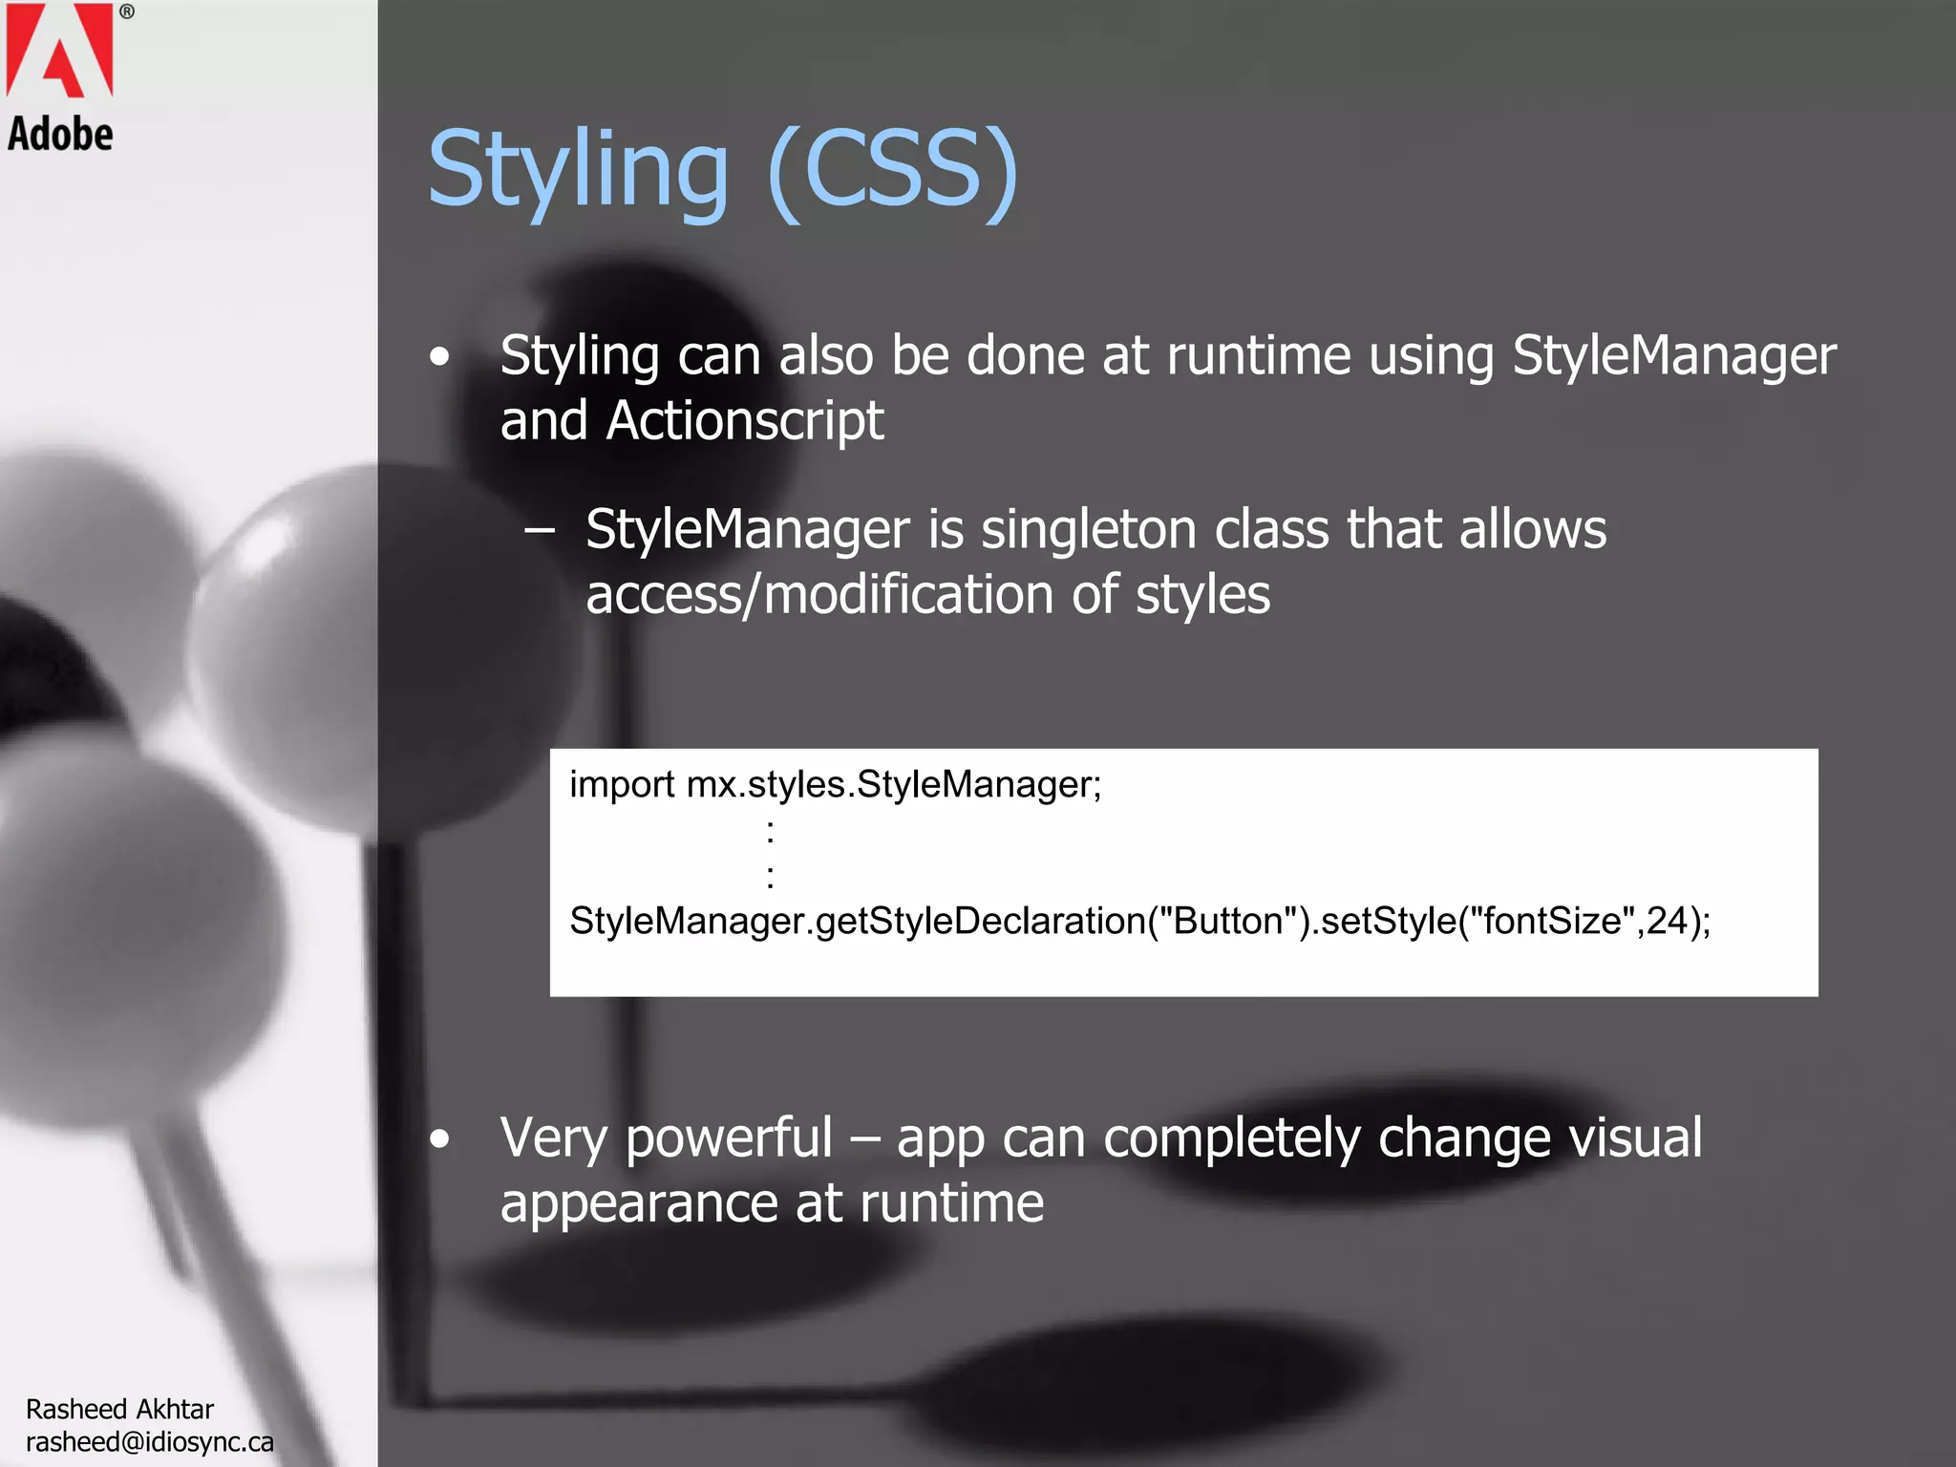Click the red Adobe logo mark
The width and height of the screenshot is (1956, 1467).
pos(59,50)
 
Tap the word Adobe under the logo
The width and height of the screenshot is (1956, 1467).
pos(60,134)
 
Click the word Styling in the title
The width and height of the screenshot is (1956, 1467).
pos(578,170)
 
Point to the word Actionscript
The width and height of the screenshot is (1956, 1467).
pos(745,420)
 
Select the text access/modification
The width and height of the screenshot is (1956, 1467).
pos(819,594)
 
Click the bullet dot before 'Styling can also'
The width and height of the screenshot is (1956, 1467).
pos(439,357)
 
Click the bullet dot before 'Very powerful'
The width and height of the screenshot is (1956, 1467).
pos(439,1138)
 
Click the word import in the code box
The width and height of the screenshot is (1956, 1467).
pos(622,785)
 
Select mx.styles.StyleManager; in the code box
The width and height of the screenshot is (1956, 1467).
pos(894,785)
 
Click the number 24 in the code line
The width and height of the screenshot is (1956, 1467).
pos(1667,921)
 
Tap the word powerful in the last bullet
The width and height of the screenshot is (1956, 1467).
pos(729,1138)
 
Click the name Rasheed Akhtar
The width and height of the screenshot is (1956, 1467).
pos(119,1409)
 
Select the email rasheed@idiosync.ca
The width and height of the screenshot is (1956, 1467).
pos(150,1441)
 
